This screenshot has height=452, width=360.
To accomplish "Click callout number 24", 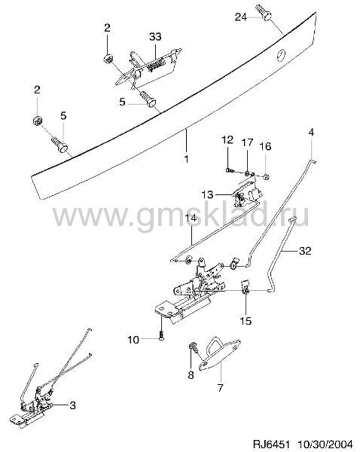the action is [241, 17].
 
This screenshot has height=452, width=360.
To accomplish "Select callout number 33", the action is [155, 37].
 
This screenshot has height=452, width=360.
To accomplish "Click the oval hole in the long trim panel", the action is [282, 55].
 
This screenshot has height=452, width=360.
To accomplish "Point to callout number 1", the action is [186, 158].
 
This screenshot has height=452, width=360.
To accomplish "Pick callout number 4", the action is [311, 133].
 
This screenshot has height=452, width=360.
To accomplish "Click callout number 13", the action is [208, 194].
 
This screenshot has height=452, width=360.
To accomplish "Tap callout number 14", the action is [190, 218].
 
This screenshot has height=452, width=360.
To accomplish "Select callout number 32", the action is [305, 251].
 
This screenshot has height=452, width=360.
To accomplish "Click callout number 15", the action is [246, 321].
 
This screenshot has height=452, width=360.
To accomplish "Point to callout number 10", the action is [133, 340].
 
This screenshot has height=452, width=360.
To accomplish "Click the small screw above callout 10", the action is [161, 336].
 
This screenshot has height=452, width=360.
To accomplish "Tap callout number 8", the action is [191, 375].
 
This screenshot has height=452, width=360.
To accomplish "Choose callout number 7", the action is [220, 388].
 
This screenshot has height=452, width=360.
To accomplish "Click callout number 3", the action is [72, 405].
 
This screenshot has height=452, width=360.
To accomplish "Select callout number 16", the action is [265, 146].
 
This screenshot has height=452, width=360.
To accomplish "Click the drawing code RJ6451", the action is [270, 443].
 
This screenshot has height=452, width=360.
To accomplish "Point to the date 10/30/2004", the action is [325, 443].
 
